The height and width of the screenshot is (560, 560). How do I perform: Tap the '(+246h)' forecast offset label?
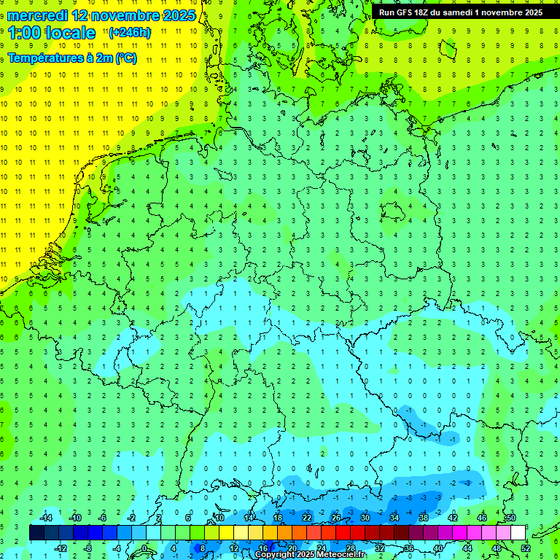[130, 33]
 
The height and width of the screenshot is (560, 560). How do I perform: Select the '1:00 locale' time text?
[52, 33]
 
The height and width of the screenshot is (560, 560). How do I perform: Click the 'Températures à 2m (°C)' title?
[71, 58]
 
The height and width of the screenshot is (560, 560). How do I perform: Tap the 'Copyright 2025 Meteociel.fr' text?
[311, 555]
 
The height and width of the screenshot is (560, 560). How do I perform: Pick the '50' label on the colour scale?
[511, 518]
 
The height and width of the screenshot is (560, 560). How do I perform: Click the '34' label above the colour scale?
[394, 518]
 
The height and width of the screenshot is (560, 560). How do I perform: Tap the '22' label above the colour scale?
[307, 518]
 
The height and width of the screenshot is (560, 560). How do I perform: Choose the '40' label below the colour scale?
[438, 548]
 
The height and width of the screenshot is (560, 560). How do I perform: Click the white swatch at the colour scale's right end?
[518, 532]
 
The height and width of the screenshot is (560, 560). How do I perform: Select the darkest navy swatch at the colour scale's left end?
[37, 532]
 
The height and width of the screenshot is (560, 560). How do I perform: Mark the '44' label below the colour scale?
[467, 548]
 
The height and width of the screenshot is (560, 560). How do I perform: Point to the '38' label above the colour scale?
[424, 518]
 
